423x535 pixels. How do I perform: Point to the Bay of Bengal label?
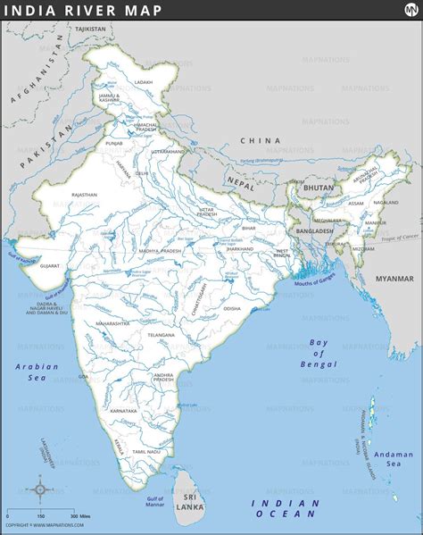(x=319, y=353)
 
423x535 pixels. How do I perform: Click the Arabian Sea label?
(x=36, y=372)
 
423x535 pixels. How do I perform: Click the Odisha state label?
(x=231, y=308)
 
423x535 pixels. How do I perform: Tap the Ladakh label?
(x=143, y=81)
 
